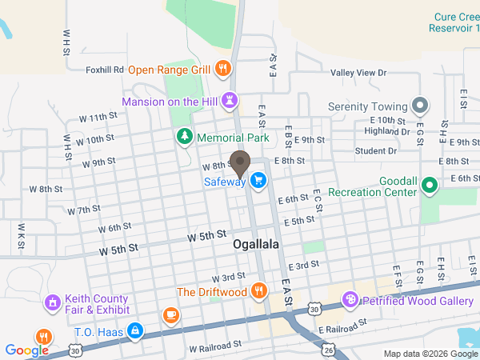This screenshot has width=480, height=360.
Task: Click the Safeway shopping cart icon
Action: [x=258, y=182]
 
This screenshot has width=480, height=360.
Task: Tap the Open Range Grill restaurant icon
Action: [x=223, y=69]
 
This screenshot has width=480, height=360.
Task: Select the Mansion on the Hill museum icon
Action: [x=230, y=101]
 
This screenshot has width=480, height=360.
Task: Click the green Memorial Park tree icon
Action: [x=185, y=138]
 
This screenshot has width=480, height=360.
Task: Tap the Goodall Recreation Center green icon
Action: [x=430, y=186]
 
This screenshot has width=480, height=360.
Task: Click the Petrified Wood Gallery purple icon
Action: [x=350, y=300]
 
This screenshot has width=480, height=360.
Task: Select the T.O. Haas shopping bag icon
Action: [x=134, y=330]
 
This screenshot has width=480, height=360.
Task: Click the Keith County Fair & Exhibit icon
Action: [x=53, y=303]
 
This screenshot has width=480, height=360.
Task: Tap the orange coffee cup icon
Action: [x=170, y=315]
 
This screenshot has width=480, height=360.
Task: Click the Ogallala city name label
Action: [x=256, y=244]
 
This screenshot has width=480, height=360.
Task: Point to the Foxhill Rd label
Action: [x=105, y=70]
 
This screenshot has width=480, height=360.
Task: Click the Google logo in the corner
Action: [x=26, y=350]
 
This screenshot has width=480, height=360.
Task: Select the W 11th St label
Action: [x=98, y=117]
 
